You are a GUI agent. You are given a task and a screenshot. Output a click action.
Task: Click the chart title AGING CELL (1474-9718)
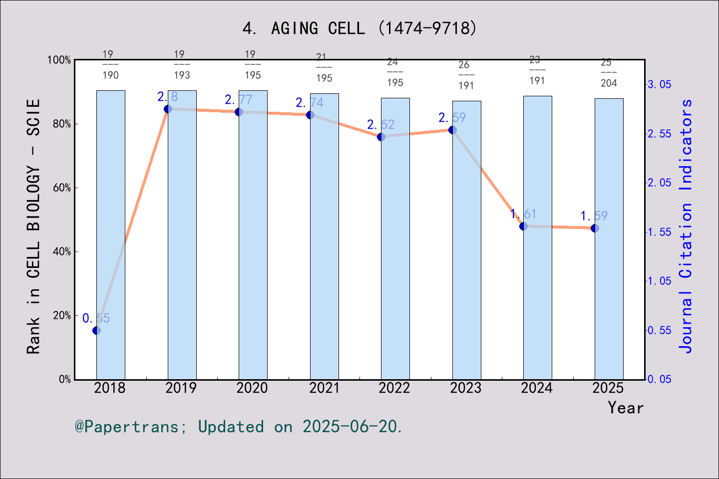pyautogui.click(x=359, y=28)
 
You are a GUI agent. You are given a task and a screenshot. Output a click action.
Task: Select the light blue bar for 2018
pyautogui.click(x=111, y=235)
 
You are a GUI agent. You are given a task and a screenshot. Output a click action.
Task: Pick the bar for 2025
pyautogui.click(x=609, y=299)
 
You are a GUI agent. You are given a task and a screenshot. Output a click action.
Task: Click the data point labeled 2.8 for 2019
pyautogui.click(x=168, y=109)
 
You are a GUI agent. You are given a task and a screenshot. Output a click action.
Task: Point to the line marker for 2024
pyautogui.click(x=523, y=226)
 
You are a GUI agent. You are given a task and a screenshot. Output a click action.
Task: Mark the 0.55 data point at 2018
pyautogui.click(x=96, y=330)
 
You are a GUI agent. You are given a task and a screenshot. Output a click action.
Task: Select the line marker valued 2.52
pyautogui.click(x=381, y=137)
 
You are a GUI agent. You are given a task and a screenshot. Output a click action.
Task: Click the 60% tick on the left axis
pyautogui.click(x=62, y=188)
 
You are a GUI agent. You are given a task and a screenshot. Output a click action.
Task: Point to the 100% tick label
pyautogui.click(x=59, y=60)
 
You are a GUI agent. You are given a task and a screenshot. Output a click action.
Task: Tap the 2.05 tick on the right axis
pyautogui.click(x=660, y=183)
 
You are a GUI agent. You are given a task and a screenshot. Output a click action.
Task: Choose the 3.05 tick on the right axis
pyautogui.click(x=660, y=85)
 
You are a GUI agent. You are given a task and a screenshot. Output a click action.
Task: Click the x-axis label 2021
pyautogui.click(x=324, y=388)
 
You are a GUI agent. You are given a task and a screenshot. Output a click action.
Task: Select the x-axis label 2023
pyautogui.click(x=466, y=388)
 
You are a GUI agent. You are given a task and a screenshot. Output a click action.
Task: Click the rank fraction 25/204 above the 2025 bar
pyautogui.click(x=608, y=73)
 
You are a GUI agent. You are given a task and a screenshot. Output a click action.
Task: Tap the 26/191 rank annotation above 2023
pyautogui.click(x=465, y=75)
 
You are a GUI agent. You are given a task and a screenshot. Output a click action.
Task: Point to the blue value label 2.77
pyautogui.click(x=239, y=100)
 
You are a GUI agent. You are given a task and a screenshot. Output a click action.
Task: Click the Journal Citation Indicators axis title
pyautogui.click(x=686, y=226)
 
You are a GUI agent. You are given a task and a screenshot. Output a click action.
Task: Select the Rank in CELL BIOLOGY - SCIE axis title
pyautogui.click(x=33, y=226)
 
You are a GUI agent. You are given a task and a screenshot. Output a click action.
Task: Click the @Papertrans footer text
pyautogui.click(x=239, y=427)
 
